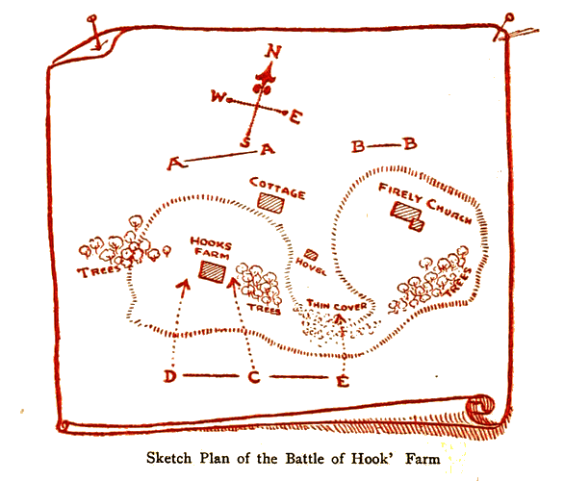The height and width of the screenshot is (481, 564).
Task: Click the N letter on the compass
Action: click(x=273, y=51)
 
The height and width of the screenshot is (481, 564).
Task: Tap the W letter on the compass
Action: click(x=218, y=96)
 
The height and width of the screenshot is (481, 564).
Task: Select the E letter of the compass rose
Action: click(x=295, y=117)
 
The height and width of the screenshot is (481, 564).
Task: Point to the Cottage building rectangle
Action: click(x=270, y=203)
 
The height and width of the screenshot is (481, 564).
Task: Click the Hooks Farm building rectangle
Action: click(x=213, y=271)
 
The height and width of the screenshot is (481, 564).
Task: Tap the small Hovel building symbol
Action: click(x=311, y=255)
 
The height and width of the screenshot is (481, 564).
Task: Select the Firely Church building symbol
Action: click(x=407, y=215)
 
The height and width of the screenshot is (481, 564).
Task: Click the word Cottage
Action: click(x=277, y=189)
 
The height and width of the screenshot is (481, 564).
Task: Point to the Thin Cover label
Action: click(x=337, y=306)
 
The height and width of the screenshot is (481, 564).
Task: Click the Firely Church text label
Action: click(x=425, y=203)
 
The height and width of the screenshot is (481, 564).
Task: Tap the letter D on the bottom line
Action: click(x=170, y=376)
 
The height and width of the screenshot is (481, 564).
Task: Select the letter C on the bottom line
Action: click(x=254, y=377)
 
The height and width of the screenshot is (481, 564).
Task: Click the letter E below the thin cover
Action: click(x=343, y=381)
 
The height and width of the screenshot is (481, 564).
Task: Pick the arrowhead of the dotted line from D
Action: click(x=184, y=288)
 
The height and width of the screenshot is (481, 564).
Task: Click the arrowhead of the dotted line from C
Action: click(x=234, y=284)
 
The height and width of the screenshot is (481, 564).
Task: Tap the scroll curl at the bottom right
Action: click(x=480, y=408)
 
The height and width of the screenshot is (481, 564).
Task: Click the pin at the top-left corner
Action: click(x=96, y=33)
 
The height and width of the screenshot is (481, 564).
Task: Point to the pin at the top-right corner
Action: click(x=503, y=27)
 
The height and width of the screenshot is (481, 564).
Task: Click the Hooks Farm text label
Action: click(x=211, y=247)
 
